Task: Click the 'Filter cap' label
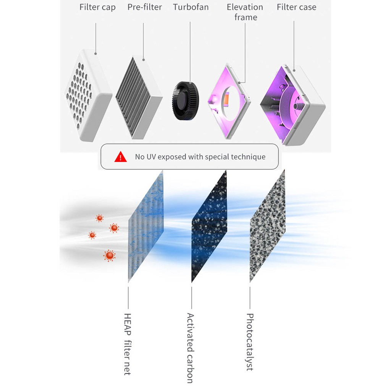(x=97, y=7)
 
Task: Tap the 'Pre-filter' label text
(x=145, y=7)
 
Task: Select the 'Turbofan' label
(x=191, y=7)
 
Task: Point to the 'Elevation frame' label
(x=245, y=12)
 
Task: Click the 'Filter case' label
(x=296, y=7)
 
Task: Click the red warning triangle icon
(x=121, y=157)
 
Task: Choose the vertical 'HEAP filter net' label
(x=128, y=344)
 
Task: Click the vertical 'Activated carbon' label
(x=190, y=347)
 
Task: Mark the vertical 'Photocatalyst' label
(x=250, y=342)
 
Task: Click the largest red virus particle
(x=110, y=255)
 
